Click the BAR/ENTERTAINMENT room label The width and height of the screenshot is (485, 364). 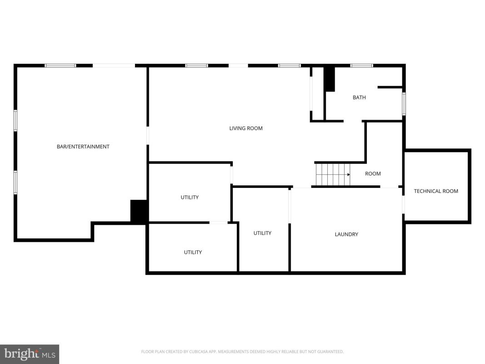coord(83,147)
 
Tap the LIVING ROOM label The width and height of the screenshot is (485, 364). coord(246,128)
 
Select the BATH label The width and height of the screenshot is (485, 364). coord(359,97)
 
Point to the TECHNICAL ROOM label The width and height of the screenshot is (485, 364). coord(436,191)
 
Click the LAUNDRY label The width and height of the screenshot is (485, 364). coord(346,234)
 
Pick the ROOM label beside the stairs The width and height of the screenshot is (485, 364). coord(373,174)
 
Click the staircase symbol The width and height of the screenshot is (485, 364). coord(333,175)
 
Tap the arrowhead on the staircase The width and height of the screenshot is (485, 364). coord(349,175)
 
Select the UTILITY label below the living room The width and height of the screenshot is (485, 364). coord(190,197)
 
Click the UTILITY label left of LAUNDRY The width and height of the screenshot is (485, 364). coord(262,233)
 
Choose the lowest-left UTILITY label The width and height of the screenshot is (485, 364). coord(193,252)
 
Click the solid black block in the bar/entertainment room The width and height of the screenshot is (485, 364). coord(139,211)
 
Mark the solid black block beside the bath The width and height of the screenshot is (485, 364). coord(330,79)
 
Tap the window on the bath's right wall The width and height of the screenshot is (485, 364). coord(404,104)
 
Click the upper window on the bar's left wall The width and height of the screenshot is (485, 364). coord(15,121)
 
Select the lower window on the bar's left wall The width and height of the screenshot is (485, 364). coord(15,182)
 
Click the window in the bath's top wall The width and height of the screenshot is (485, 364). coord(361,66)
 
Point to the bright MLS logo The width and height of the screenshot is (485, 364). coord(30,354)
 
